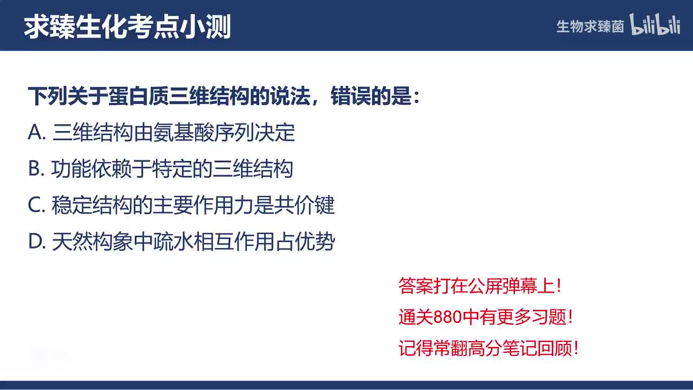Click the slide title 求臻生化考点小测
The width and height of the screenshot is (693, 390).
coord(128,27)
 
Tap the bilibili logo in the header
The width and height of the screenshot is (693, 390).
coord(655,25)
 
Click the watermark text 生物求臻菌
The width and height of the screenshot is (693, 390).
coord(590,27)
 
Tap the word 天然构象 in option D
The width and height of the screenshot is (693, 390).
coord(92,242)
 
